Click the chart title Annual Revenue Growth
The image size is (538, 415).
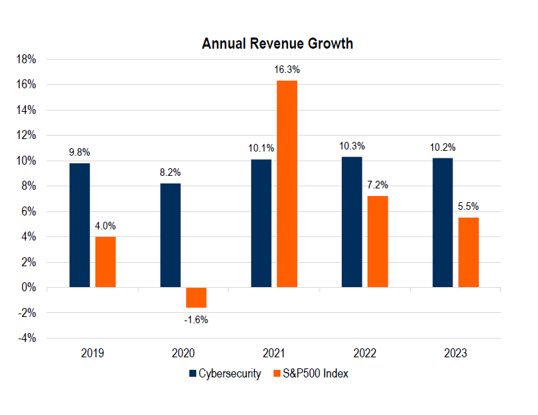(x=277, y=44)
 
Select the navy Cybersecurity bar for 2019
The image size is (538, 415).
(x=79, y=225)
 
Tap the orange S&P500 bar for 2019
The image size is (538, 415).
(x=106, y=262)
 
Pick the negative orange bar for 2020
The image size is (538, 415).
(x=196, y=298)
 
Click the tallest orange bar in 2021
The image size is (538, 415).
(x=287, y=184)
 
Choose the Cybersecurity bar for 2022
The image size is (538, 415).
(x=351, y=222)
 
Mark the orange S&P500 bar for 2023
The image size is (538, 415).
(x=468, y=252)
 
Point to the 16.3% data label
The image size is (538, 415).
(x=287, y=70)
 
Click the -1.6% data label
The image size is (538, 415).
(x=196, y=320)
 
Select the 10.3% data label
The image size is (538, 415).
(x=352, y=146)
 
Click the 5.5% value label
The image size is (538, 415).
(x=469, y=206)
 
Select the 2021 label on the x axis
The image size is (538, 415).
(x=274, y=353)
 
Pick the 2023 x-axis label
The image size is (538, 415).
(x=455, y=353)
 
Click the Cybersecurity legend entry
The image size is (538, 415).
(x=224, y=374)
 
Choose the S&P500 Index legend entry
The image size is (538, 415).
(x=310, y=374)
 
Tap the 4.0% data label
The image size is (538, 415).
(x=106, y=226)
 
